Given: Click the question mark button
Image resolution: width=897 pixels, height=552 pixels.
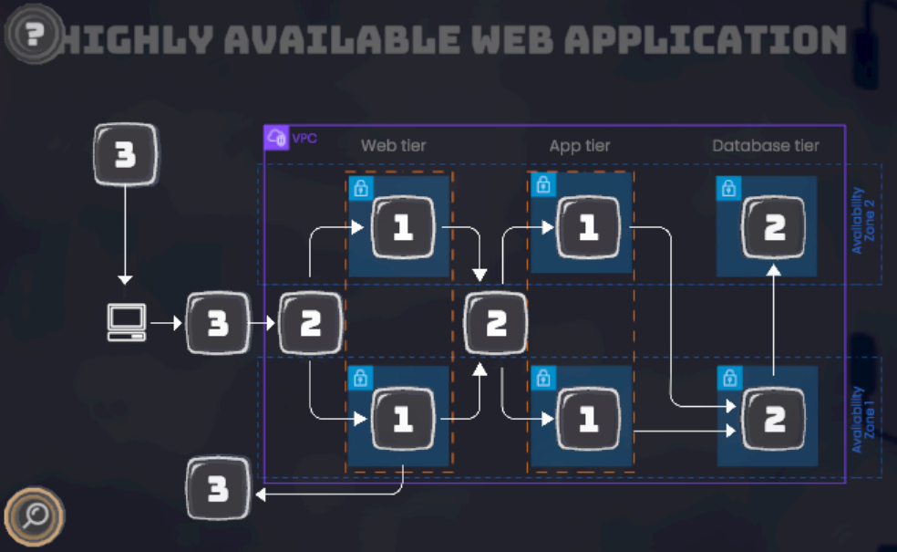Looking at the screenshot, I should click(x=35, y=35).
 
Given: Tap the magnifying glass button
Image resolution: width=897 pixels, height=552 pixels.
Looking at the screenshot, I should click(x=35, y=516).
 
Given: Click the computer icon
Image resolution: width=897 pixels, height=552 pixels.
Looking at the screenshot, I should click(x=127, y=323).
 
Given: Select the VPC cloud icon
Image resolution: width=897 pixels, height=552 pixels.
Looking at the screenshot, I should click(x=276, y=138).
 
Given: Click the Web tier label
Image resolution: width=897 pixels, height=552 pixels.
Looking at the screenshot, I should click(x=393, y=145).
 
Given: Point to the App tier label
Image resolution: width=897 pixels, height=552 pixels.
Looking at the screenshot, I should click(x=580, y=145).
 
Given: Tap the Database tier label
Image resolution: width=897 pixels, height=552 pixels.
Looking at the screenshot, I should click(x=766, y=145).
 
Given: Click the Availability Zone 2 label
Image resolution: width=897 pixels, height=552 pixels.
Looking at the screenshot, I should click(x=862, y=221).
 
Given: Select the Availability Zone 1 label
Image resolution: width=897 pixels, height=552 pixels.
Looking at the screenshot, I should click(x=862, y=420).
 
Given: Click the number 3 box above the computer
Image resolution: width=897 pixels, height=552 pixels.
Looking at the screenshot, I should click(x=126, y=154).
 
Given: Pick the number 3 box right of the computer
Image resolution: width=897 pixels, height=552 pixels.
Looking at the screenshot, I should click(x=218, y=323).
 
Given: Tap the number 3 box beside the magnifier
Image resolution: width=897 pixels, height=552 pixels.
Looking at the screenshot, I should click(x=218, y=489).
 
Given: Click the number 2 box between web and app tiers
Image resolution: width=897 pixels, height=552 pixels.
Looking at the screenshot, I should click(x=496, y=323).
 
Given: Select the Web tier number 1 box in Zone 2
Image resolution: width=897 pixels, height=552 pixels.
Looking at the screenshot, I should click(x=402, y=228).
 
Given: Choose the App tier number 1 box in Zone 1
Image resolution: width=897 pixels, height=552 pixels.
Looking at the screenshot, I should click(x=588, y=419).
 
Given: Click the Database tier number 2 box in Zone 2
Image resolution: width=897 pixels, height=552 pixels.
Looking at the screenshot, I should click(x=774, y=228).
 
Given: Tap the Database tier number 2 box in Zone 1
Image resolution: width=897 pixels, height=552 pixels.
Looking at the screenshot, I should click(x=774, y=419).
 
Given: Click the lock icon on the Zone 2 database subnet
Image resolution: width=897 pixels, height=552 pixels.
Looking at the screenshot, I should click(x=728, y=189).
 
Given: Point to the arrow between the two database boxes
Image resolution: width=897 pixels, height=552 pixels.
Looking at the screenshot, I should click(x=774, y=319).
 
